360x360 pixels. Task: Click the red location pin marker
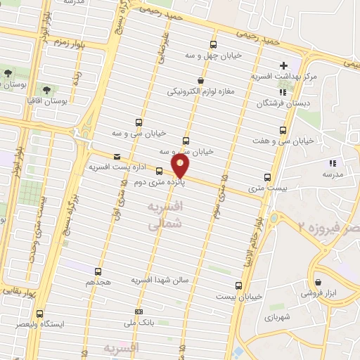[181, 166]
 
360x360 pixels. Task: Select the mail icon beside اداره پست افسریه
[116, 157]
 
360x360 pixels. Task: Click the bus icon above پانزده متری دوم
[159, 170]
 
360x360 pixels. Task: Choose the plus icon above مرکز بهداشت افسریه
[283, 65]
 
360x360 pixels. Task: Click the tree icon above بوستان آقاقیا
[46, 90]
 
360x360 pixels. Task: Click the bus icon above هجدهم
[98, 271]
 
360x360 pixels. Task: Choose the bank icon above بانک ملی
[139, 311]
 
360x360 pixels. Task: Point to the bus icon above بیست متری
[266, 177]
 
